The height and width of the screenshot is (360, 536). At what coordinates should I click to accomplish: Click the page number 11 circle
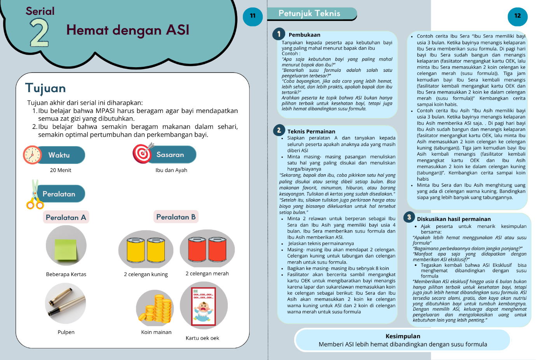pos(253,16)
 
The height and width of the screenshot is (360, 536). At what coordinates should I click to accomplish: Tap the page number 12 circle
pos(517,16)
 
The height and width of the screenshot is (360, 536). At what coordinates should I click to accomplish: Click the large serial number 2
pos(39,33)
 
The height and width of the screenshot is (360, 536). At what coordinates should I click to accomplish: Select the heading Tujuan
pos(45,88)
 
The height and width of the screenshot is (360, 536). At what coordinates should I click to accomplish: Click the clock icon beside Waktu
pos(32,155)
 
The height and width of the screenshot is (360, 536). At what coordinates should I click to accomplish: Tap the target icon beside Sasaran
pos(143,153)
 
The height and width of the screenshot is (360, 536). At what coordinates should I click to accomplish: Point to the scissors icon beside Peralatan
pos(35,194)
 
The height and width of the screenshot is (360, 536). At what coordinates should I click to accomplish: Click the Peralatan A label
pos(66,217)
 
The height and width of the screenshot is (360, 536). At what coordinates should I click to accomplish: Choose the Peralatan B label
pos(176,217)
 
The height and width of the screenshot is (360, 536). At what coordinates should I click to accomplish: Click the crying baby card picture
pos(203,306)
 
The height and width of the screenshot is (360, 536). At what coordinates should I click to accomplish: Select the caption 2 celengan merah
pos(207,273)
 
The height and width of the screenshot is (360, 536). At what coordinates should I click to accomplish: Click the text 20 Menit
pos(61,170)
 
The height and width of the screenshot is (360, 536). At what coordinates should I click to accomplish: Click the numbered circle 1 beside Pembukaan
pos(279,34)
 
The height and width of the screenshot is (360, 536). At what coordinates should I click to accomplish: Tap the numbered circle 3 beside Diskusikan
pos(409,217)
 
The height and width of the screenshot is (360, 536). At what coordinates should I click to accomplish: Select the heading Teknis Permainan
pos(311,132)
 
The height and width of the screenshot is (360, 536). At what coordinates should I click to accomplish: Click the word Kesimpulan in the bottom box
pos(403,336)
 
